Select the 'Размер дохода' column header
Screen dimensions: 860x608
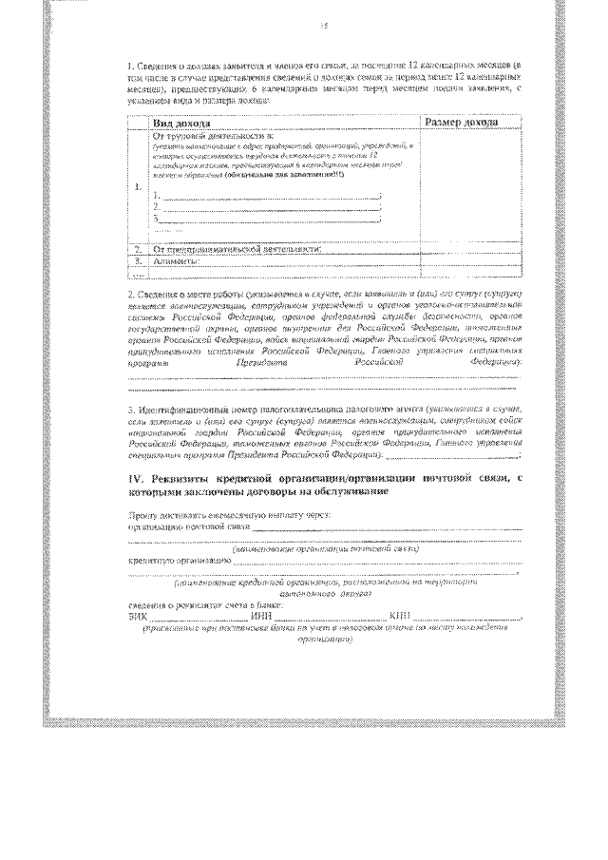click(461, 124)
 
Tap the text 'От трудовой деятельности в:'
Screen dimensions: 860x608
click(199, 137)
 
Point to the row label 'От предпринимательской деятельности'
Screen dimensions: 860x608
click(237, 249)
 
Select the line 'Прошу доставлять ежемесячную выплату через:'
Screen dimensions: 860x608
click(228, 513)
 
